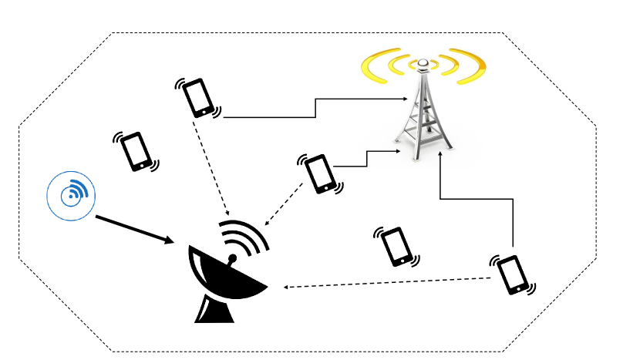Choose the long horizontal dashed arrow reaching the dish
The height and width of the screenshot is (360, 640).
click(386, 283)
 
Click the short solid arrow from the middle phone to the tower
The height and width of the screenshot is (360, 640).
click(365, 158)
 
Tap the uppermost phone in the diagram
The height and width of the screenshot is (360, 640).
click(198, 96)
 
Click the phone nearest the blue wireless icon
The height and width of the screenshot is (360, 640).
click(137, 151)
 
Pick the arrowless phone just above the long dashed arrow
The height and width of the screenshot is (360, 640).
click(396, 246)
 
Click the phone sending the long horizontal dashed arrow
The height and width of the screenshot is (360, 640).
click(512, 274)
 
